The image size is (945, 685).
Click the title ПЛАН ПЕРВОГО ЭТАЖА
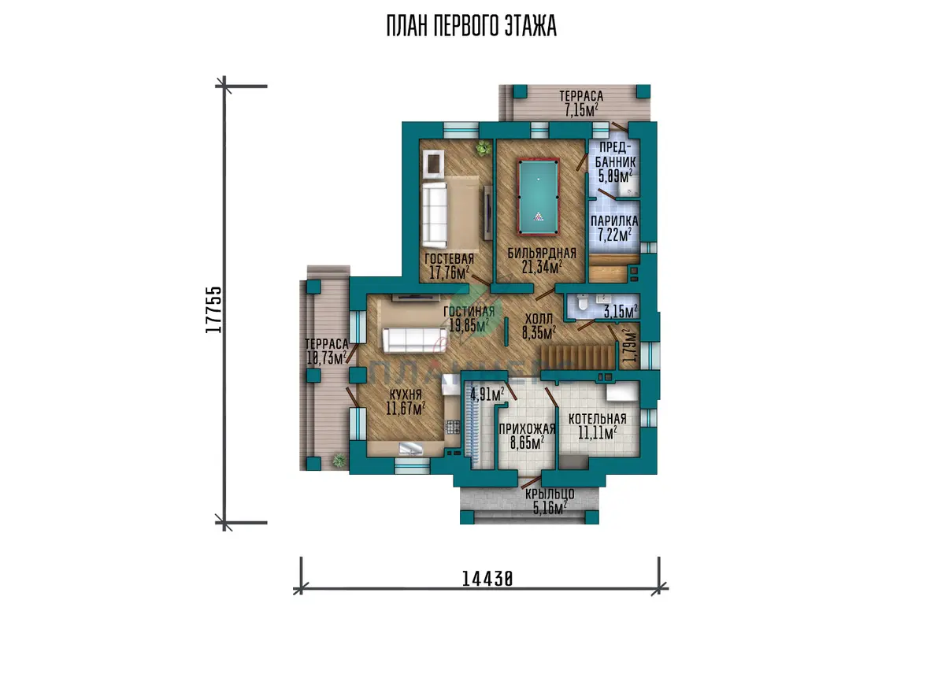coord(472,26)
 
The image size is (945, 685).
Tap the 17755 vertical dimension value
coord(213,310)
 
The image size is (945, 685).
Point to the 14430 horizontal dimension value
coord(487,579)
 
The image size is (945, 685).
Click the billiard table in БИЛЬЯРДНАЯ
coord(539,197)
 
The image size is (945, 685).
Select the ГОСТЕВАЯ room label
coord(450,258)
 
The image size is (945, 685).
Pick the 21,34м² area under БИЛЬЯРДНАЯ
coord(542,267)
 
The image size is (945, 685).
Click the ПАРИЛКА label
coord(614,220)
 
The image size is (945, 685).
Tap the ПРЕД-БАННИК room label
coord(616,154)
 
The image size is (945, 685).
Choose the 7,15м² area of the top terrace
coord(581,109)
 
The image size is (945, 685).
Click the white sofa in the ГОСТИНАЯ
coord(414,340)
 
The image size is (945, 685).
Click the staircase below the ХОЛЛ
coord(577,357)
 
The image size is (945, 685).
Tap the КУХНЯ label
coord(406,394)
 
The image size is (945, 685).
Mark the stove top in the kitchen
coord(453,427)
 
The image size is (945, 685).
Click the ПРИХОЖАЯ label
coord(527,429)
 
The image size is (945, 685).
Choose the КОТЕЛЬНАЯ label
coord(598,419)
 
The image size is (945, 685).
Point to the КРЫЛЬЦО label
coord(550,494)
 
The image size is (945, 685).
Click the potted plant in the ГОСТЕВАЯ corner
coord(484,149)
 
